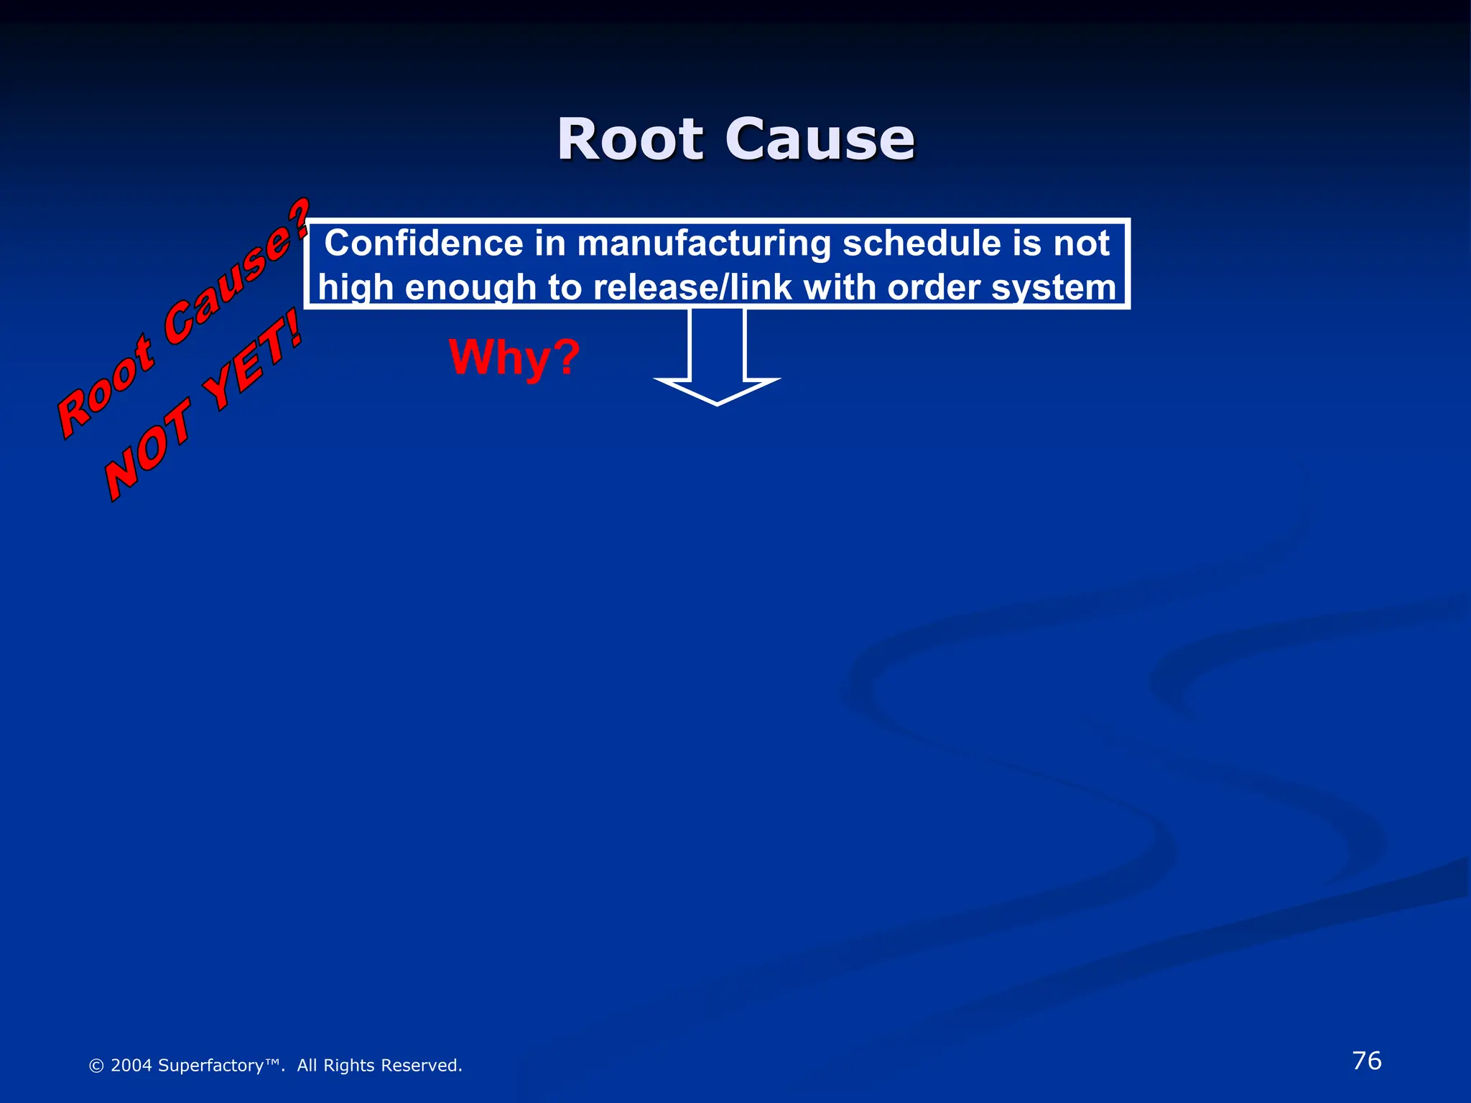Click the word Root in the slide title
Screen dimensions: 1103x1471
pos(630,139)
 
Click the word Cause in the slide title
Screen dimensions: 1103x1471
pos(820,139)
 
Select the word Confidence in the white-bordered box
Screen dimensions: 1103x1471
pos(424,243)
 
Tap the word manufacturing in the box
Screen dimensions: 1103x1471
pos(704,243)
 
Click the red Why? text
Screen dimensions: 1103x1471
pos(514,357)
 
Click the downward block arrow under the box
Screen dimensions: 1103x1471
pos(717,359)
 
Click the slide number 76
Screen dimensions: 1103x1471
pos(1366,1061)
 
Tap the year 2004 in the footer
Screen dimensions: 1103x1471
pos(131,1066)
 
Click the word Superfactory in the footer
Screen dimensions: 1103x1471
pos(210,1066)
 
